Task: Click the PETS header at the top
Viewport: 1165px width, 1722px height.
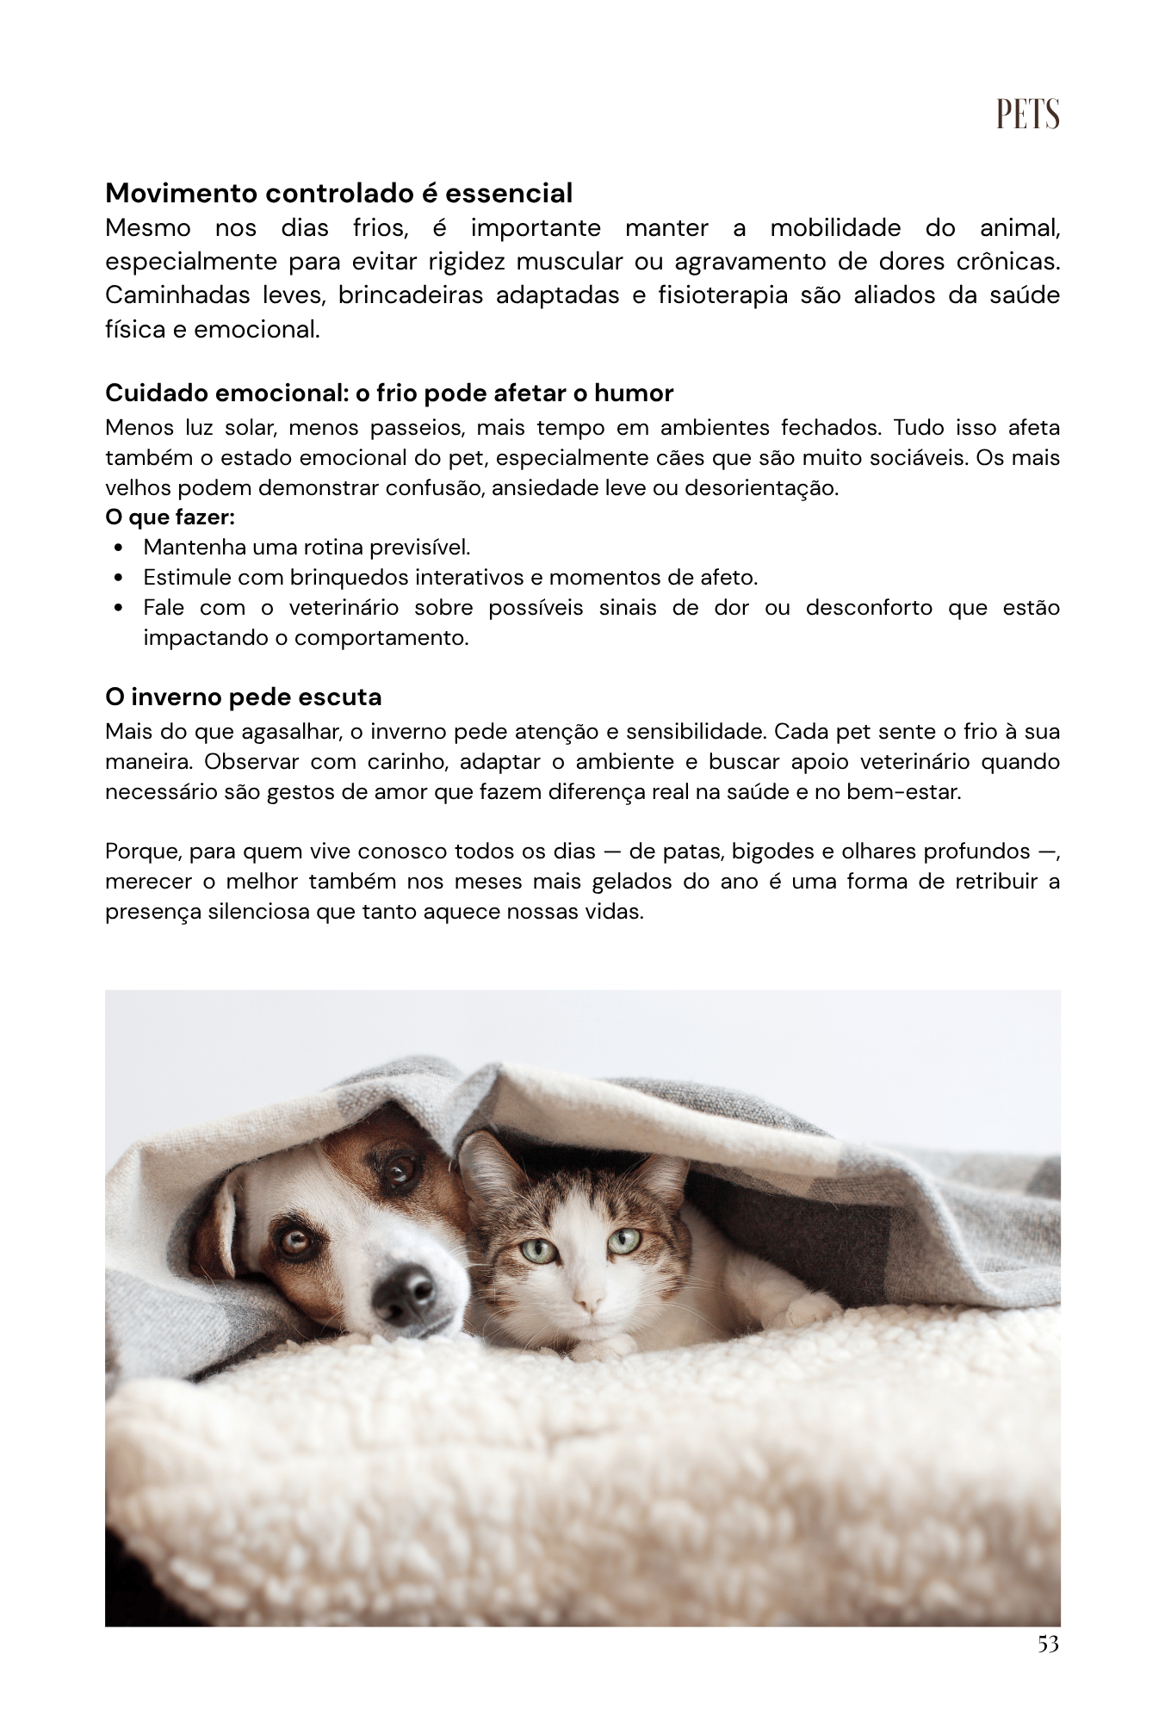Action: pos(1027,114)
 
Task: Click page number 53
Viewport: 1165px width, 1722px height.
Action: pos(1048,1644)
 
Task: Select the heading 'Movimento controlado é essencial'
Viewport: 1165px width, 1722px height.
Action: pos(338,193)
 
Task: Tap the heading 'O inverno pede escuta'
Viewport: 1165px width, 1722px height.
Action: pos(243,696)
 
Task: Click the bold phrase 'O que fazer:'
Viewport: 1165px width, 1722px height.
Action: pos(170,517)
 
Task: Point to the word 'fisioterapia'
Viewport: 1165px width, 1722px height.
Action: pos(722,295)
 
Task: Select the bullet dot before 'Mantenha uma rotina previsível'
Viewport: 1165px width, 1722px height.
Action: pos(118,548)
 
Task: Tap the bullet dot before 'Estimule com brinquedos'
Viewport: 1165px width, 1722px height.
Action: pos(118,578)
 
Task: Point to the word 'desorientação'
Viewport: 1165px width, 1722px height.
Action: pos(760,488)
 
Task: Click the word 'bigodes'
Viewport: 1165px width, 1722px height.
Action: pos(772,852)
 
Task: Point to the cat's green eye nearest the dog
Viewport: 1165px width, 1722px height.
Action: pos(539,1249)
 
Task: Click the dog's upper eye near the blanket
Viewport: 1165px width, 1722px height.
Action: pos(398,1168)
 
